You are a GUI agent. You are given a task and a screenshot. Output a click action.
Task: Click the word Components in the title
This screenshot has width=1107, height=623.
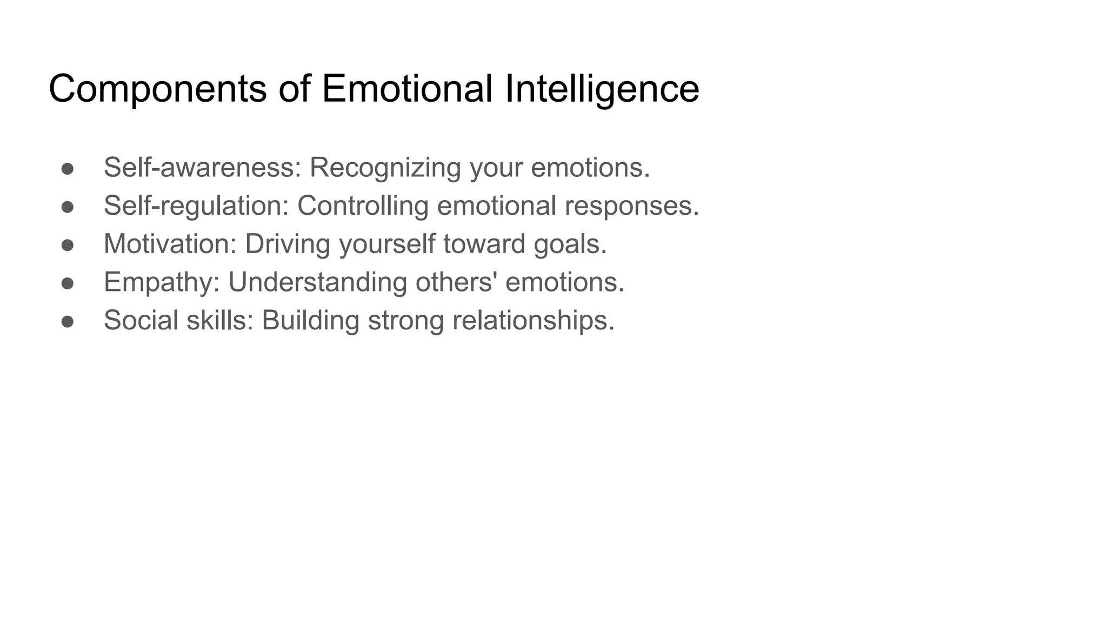click(157, 89)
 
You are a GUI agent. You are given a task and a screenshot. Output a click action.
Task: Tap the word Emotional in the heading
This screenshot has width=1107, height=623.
click(407, 89)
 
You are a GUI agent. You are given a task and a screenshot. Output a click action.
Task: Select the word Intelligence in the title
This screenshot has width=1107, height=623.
click(602, 89)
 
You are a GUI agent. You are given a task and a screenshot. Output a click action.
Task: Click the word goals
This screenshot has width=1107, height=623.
click(570, 244)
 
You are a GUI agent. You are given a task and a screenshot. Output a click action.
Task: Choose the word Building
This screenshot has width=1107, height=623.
click(310, 320)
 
